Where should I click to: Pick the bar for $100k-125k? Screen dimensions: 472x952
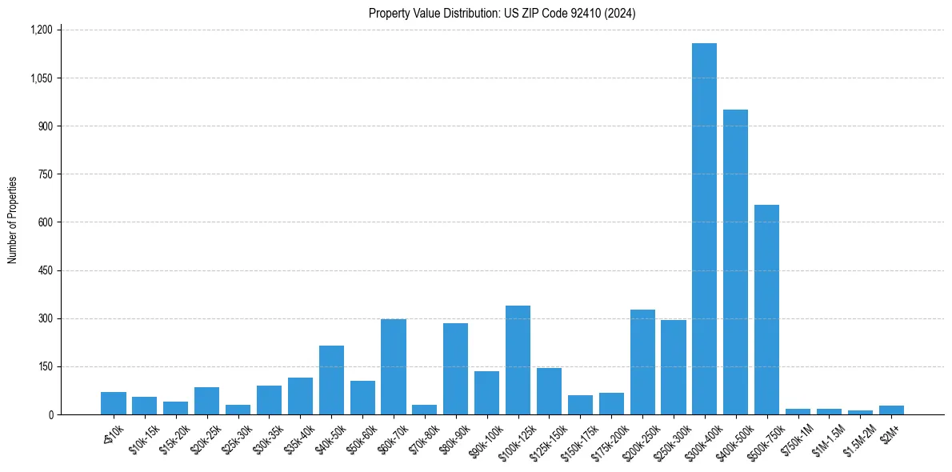(x=518, y=360)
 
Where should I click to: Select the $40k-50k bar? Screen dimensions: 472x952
(x=331, y=380)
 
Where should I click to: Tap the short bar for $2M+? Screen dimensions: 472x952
(x=891, y=410)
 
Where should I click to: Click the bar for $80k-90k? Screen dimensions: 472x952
(x=455, y=369)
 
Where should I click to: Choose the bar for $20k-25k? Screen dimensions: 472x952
(x=206, y=401)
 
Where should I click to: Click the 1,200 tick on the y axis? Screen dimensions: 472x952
(x=41, y=30)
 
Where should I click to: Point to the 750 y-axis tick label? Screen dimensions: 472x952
(x=45, y=174)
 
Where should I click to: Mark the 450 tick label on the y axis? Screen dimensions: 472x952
(x=45, y=270)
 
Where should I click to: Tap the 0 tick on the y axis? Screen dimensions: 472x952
(x=50, y=414)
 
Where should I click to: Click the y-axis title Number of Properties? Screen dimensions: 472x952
(x=13, y=220)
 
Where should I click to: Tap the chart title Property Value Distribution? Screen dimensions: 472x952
(x=502, y=13)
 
